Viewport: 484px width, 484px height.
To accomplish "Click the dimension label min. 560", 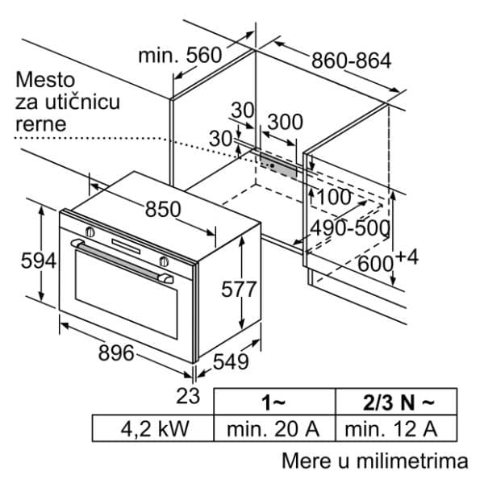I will pyautogui.click(x=179, y=55).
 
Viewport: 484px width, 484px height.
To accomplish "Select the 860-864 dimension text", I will pyautogui.click(x=351, y=60).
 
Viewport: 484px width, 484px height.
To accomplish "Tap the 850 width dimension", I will pyautogui.click(x=163, y=209).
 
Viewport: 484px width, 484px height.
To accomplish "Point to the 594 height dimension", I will pyautogui.click(x=18, y=261).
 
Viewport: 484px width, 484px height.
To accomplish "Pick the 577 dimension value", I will pyautogui.click(x=239, y=288).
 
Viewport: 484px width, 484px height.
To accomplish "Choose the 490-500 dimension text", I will pyautogui.click(x=351, y=228).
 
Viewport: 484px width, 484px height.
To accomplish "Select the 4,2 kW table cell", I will pyautogui.click(x=153, y=428).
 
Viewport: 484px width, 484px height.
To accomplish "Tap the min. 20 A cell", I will pyautogui.click(x=273, y=428).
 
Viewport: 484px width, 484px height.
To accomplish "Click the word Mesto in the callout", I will pyautogui.click(x=45, y=80).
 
